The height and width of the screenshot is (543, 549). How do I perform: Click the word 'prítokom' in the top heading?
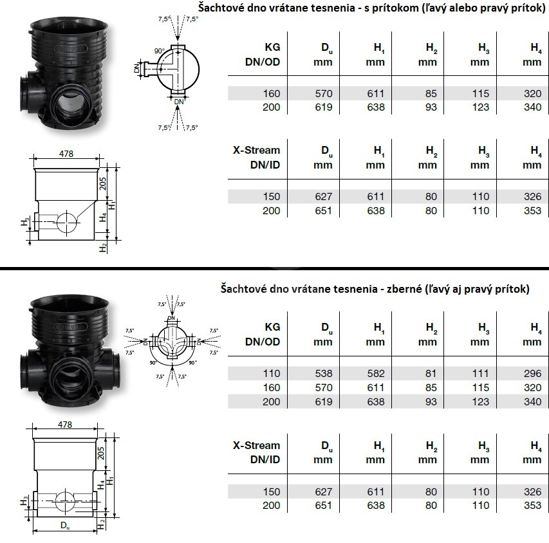[391, 8]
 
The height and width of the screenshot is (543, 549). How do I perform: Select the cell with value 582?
[376, 373]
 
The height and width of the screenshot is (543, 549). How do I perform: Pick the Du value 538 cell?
[324, 373]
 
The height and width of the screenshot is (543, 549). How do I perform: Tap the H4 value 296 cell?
[532, 373]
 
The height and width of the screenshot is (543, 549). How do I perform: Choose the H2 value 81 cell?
[431, 373]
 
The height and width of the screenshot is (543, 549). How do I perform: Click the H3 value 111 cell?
[480, 373]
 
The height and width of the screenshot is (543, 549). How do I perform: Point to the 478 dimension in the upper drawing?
[66, 154]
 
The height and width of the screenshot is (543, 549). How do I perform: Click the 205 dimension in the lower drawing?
[101, 453]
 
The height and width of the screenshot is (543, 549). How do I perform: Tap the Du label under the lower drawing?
[65, 525]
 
